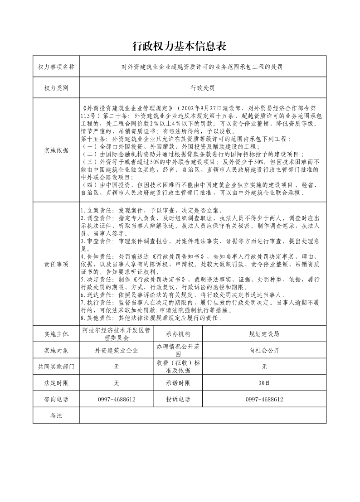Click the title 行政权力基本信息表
pos(179,46)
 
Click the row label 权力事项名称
pos(56,67)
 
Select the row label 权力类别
pos(56,88)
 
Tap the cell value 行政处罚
pos(203,88)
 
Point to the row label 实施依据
pos(56,151)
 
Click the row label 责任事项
pos(56,264)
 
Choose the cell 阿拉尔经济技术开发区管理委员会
pos(116,334)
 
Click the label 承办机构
pos(178,334)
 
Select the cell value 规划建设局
pos(264,334)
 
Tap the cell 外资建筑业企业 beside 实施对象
pos(116,351)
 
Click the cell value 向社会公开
pos(264,351)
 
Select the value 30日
pos(264,383)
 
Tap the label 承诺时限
pos(178,383)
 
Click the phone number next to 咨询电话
pos(116,400)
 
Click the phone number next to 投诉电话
pos(264,400)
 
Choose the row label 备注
pos(56,415)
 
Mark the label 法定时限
pos(56,383)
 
